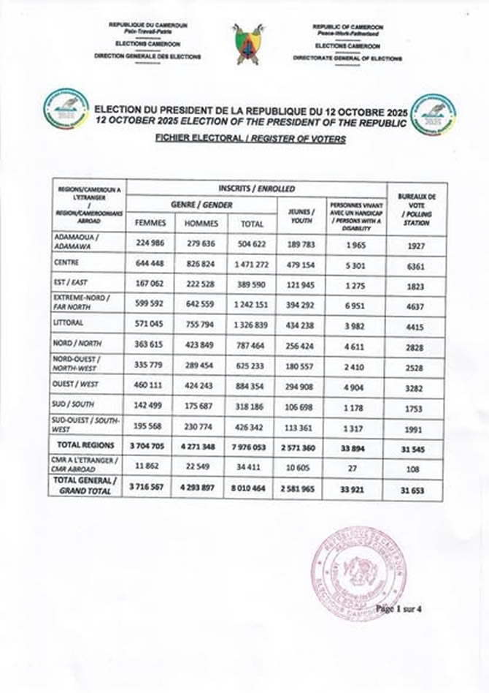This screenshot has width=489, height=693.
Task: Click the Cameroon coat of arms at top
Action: click(x=249, y=44)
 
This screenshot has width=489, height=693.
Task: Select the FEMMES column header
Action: click(x=150, y=223)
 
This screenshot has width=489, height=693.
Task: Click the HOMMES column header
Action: click(x=202, y=223)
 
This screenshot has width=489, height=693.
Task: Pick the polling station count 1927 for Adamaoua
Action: click(x=416, y=246)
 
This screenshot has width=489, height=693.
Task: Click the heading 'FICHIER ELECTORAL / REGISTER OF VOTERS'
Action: click(x=250, y=137)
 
